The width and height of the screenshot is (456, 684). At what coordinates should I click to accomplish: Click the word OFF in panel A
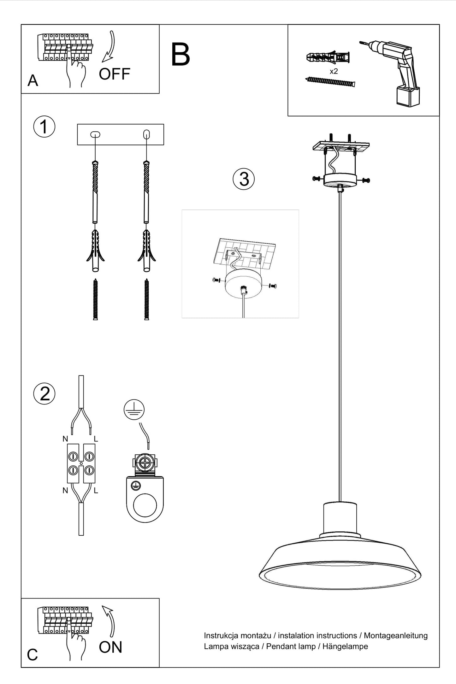(115, 74)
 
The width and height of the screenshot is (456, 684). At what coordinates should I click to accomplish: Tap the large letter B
(181, 55)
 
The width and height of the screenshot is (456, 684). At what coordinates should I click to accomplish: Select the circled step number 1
(44, 127)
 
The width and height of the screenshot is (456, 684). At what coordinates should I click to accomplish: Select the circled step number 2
(44, 394)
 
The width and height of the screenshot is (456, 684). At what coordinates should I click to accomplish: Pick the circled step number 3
(244, 179)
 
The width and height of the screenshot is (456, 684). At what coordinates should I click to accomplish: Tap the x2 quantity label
(334, 71)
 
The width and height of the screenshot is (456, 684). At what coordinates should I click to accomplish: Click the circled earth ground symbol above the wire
(134, 410)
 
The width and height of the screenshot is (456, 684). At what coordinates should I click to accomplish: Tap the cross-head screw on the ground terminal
(145, 463)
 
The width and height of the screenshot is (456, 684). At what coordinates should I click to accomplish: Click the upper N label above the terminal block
(65, 439)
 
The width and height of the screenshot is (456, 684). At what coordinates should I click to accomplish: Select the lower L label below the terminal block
(96, 491)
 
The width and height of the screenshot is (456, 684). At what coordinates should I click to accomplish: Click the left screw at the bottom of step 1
(95, 299)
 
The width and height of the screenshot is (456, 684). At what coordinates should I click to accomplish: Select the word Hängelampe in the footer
(345, 646)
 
